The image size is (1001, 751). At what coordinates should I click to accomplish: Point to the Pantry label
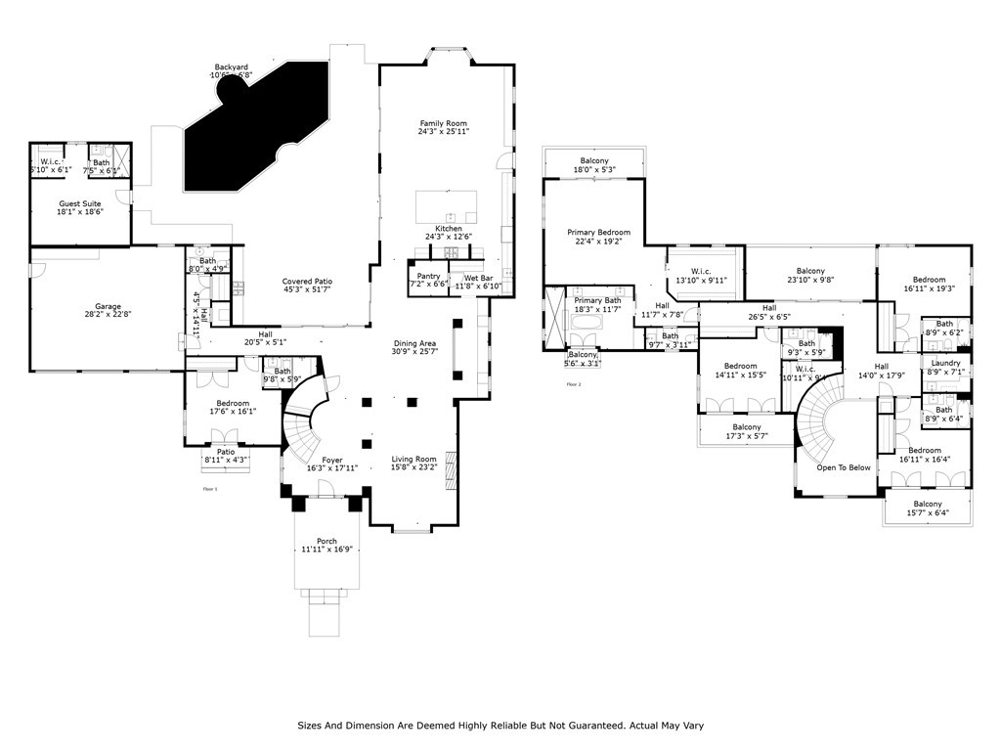[428, 277]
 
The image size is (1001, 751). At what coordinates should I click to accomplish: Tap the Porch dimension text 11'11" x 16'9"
[326, 550]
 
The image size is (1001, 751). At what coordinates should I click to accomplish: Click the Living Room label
[413, 459]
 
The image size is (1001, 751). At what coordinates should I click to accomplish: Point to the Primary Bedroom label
[598, 232]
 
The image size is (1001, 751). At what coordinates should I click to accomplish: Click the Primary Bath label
[597, 300]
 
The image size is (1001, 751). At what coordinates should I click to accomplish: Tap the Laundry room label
[945, 363]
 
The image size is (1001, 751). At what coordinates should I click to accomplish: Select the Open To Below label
[844, 467]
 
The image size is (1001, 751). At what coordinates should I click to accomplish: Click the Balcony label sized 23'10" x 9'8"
[809, 271]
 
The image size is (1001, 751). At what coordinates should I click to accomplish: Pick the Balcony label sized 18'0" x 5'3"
[594, 160]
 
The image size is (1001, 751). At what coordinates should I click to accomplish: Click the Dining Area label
[413, 343]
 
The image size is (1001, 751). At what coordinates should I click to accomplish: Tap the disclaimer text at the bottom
[500, 726]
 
